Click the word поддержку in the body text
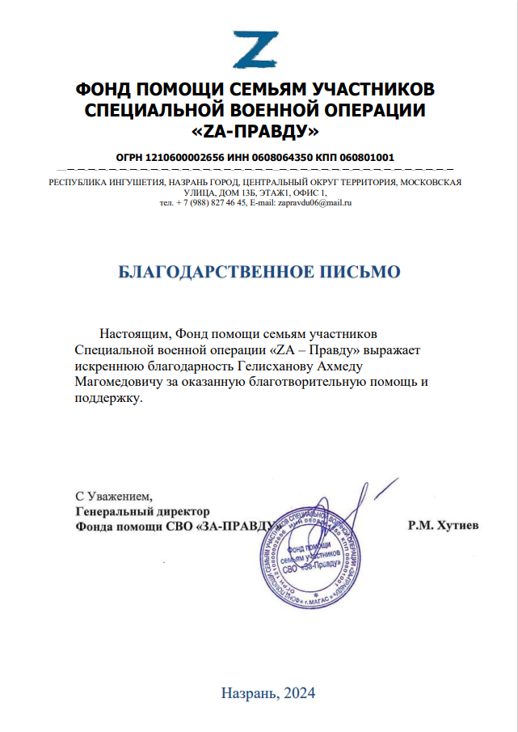pos(107,398)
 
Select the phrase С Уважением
pos(112,495)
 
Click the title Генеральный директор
pos(142,511)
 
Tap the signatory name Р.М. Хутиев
pos(444,527)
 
